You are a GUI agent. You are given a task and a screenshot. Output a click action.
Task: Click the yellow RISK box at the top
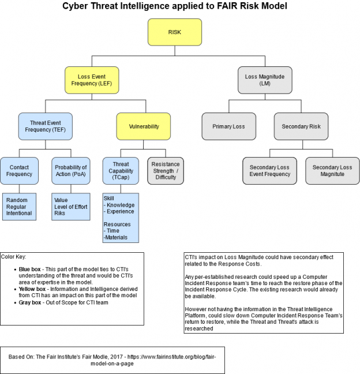tap(174, 32)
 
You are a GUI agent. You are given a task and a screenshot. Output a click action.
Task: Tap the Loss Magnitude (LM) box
tap(260, 80)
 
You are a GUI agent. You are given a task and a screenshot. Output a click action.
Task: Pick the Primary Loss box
tap(228, 126)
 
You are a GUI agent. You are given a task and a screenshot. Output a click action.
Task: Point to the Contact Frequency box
tap(19, 170)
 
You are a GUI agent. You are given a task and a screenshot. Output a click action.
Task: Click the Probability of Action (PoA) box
tap(71, 170)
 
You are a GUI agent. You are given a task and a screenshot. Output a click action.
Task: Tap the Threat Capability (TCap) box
tap(121, 170)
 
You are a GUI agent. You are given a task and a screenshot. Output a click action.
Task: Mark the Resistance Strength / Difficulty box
tap(166, 170)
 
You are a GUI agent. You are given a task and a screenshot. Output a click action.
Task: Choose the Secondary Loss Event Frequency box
tap(269, 170)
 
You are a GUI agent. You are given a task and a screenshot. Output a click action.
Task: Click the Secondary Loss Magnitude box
tap(332, 170)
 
